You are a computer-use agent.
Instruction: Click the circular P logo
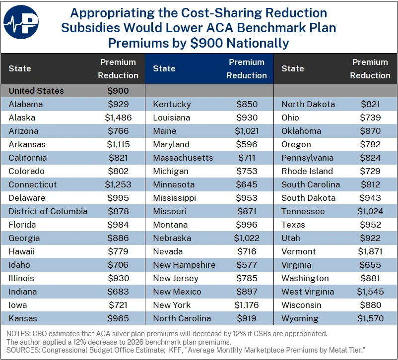pyautogui.click(x=21, y=22)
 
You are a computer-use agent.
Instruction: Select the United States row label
pyautogui.click(x=36, y=91)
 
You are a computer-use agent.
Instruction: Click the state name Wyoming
pyautogui.click(x=300, y=318)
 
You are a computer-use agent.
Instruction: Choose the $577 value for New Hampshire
pyautogui.click(x=247, y=265)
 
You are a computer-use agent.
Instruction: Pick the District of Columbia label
pyautogui.click(x=48, y=211)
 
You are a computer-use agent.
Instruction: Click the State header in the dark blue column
pyautogui.click(x=164, y=68)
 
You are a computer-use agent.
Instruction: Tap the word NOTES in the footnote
pyautogui.click(x=18, y=334)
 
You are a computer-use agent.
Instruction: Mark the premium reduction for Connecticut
pyautogui.click(x=118, y=184)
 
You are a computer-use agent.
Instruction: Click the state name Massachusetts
pyautogui.click(x=183, y=158)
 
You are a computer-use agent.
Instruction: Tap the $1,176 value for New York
pyautogui.click(x=247, y=305)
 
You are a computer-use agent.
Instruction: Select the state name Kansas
pyautogui.click(x=23, y=318)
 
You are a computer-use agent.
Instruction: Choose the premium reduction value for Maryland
pyautogui.click(x=247, y=144)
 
